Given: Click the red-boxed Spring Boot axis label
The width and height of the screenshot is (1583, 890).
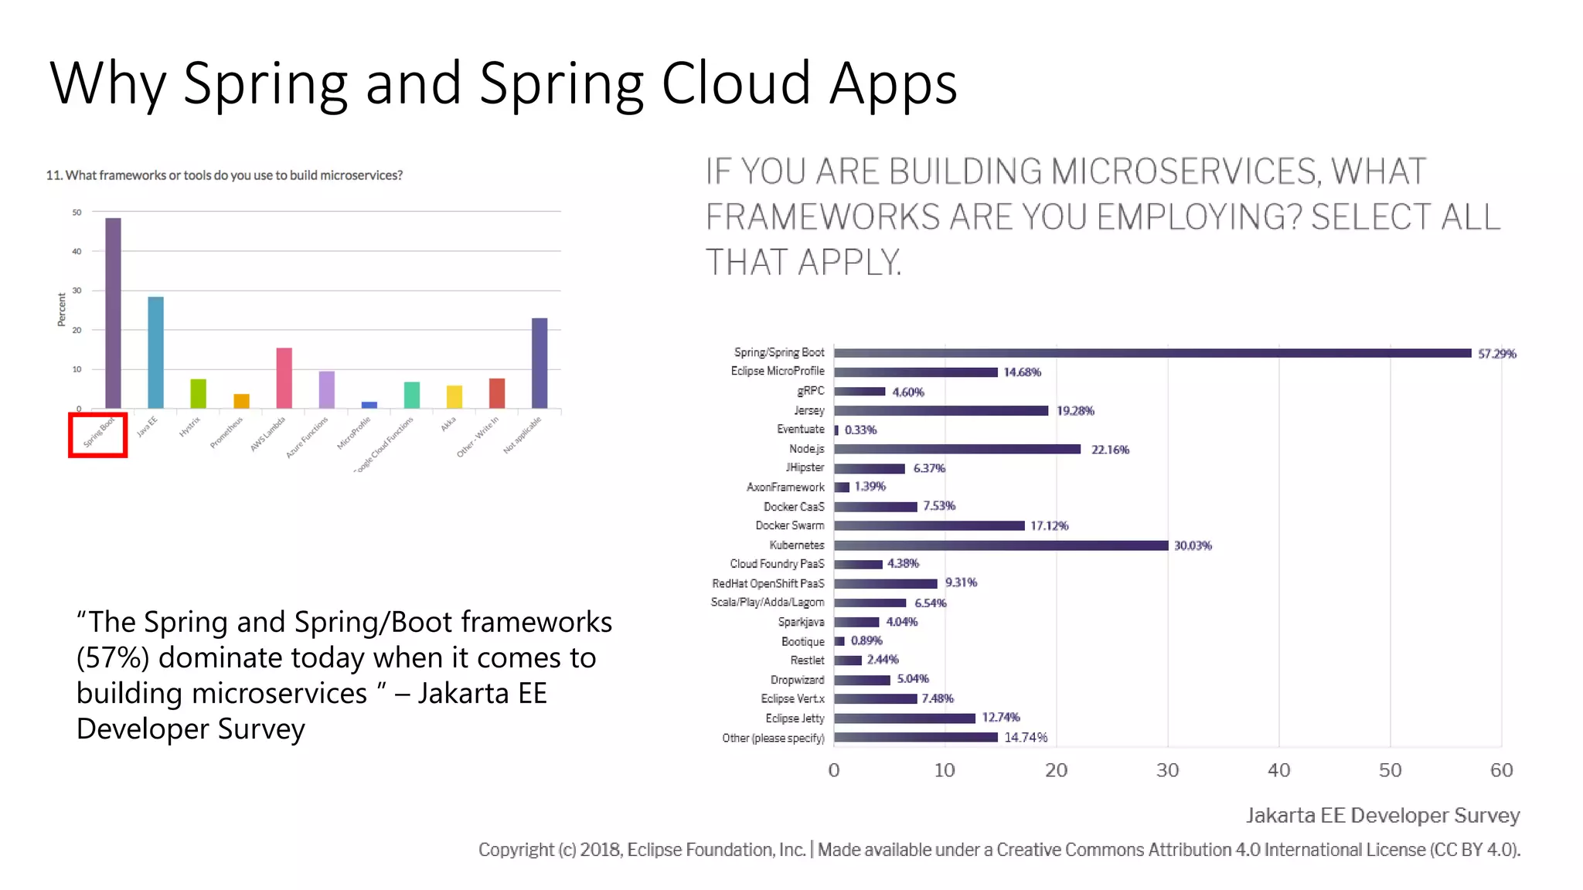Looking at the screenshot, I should [98, 434].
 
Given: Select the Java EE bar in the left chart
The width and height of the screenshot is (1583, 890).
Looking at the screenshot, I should [155, 352].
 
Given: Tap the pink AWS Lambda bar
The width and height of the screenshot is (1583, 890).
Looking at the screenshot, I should [284, 378].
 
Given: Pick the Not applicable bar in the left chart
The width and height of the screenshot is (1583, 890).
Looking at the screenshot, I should [540, 363].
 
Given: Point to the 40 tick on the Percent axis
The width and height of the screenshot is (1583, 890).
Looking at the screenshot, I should [77, 251].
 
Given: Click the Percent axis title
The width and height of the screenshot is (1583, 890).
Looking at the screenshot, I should [61, 309].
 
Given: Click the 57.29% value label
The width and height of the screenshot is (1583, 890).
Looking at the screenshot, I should [1496, 354].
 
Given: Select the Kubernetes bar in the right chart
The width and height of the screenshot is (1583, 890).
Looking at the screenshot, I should [1001, 545].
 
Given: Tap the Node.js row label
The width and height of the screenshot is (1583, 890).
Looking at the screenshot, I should [806, 449].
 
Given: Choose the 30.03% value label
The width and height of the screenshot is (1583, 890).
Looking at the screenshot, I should [1193, 545].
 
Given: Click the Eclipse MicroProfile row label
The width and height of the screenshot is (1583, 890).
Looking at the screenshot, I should [778, 371].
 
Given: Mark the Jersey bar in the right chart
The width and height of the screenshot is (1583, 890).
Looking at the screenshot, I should [941, 411].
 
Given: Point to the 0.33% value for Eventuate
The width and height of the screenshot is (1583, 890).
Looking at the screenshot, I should [860, 430].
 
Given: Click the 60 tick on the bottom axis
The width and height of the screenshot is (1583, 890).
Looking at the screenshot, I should [1501, 770].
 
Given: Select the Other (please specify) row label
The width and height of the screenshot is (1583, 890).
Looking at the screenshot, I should [773, 738].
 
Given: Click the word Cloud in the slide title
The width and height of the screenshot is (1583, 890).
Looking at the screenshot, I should [735, 83].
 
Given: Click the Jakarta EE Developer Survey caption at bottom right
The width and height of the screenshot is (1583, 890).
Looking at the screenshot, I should [1382, 815].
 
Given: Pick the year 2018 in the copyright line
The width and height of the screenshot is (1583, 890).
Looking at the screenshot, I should [600, 850].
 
